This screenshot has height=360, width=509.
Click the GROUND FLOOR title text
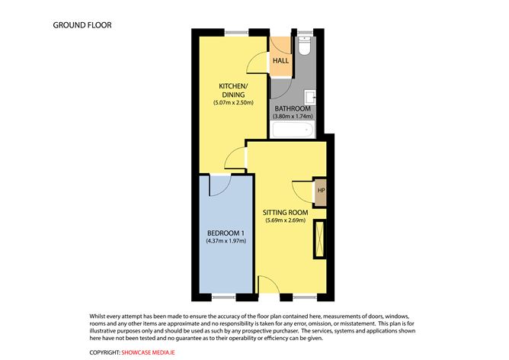82,25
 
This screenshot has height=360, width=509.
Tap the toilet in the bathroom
305,48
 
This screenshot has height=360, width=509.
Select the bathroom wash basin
310,97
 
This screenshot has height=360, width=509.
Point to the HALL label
281,60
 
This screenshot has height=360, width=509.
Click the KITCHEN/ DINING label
232,90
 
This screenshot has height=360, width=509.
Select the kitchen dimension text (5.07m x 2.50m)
232,103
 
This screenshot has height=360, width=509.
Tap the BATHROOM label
293,108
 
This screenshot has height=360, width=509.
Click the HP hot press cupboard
320,191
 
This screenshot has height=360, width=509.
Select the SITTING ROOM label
285,212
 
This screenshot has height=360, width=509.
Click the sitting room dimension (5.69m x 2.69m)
285,221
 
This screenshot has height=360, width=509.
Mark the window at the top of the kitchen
235,32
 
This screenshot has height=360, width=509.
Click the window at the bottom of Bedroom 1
225,295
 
